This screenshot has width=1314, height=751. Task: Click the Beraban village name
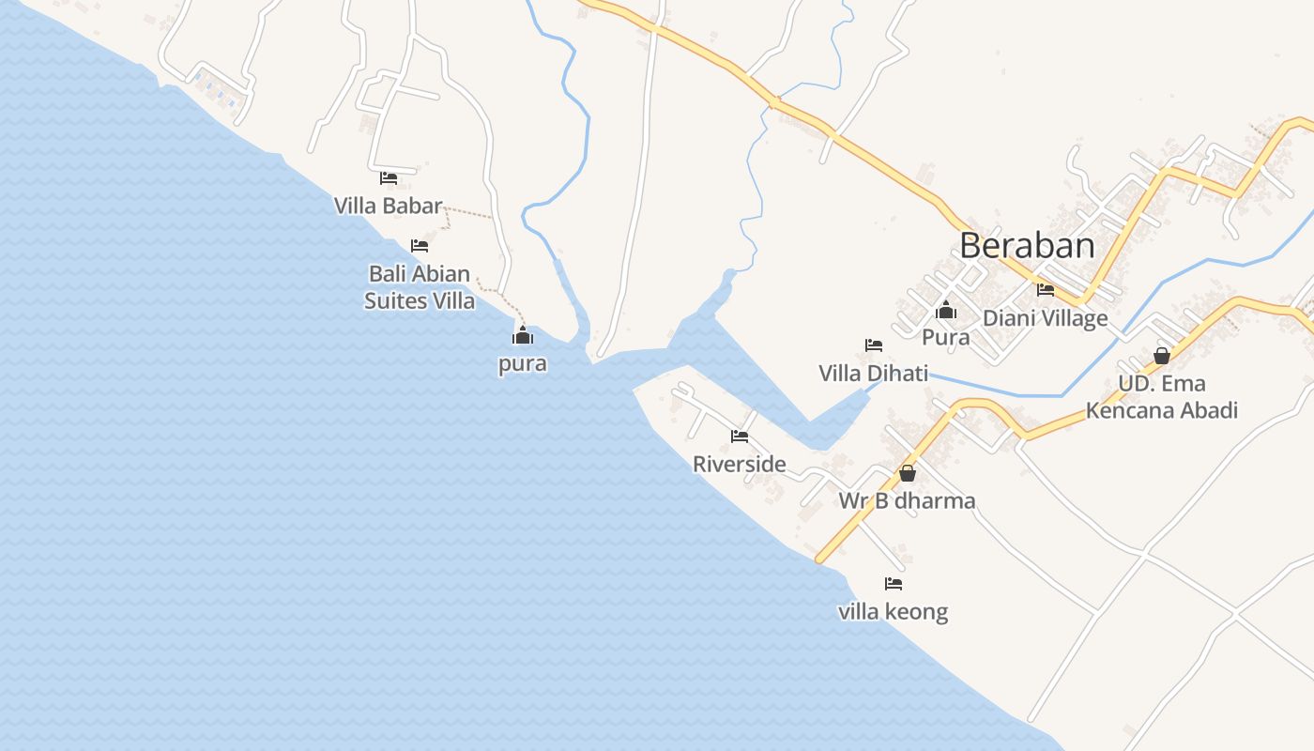pos(1027,246)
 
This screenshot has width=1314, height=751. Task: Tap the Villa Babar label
pos(389,206)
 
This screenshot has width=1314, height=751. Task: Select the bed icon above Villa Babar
pos(389,177)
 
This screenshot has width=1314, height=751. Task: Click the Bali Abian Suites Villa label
pos(420,287)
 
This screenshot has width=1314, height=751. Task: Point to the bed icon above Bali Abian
pos(420,246)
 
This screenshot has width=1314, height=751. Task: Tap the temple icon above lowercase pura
pos(523,335)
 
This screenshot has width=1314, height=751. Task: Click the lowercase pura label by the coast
pos(523,363)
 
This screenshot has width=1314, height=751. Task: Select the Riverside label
pos(740,464)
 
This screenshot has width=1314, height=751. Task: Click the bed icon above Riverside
pos(740,436)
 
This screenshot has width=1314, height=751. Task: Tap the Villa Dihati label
pos(874,374)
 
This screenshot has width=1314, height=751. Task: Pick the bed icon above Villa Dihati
pos(874,345)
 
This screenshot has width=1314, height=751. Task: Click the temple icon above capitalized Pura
pos(946,309)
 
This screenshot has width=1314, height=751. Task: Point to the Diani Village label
pos(1046,318)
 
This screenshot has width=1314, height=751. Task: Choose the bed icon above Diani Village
pos(1046,290)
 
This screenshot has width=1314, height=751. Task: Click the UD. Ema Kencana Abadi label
pos(1162,396)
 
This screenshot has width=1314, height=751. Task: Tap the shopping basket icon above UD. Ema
pos(1162,356)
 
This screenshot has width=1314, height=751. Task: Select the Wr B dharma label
pos(908,501)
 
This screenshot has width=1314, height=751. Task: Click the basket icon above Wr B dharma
pos(908,473)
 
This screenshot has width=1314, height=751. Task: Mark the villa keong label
pos(894,612)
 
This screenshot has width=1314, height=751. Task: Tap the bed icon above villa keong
pos(894,584)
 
